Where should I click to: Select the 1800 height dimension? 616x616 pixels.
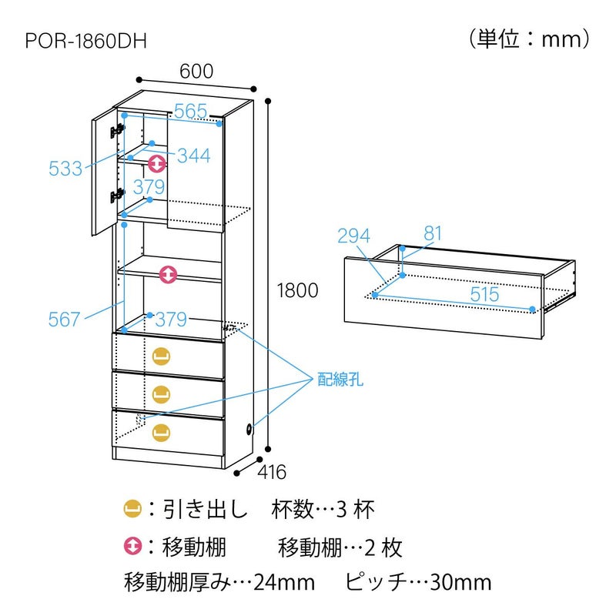pyautogui.click(x=296, y=290)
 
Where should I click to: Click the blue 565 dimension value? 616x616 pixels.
pyautogui.click(x=190, y=112)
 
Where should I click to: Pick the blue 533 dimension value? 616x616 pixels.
pyautogui.click(x=65, y=169)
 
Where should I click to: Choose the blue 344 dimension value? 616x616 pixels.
pyautogui.click(x=193, y=156)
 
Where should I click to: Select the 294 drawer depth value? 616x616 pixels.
pyautogui.click(x=353, y=236)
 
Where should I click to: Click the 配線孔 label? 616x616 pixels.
pyautogui.click(x=340, y=379)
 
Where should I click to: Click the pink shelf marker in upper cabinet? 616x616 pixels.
pyautogui.click(x=156, y=163)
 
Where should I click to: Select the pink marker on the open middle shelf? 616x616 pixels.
pyautogui.click(x=168, y=273)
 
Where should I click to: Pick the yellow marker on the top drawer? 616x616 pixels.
pyautogui.click(x=161, y=356)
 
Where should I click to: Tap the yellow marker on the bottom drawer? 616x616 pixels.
pyautogui.click(x=161, y=431)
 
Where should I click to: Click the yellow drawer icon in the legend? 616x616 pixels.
pyautogui.click(x=132, y=508)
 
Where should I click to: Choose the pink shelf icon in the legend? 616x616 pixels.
pyautogui.click(x=132, y=547)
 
